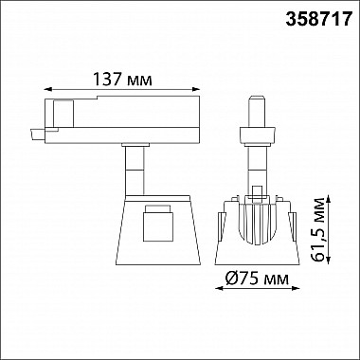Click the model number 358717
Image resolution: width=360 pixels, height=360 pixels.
319,19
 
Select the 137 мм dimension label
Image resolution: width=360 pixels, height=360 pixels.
122,79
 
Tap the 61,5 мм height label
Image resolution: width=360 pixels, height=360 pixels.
318,229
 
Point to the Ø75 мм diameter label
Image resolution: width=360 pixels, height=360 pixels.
258,279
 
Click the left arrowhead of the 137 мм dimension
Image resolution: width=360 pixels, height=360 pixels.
47,89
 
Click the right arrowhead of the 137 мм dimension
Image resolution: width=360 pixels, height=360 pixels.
196,89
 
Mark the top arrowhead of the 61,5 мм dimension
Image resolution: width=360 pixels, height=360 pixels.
329,199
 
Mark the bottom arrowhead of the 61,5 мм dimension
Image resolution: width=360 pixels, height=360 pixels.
329,260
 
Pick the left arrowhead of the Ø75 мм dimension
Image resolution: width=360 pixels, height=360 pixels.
219,288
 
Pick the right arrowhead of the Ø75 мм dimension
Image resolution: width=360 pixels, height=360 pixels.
296,288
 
